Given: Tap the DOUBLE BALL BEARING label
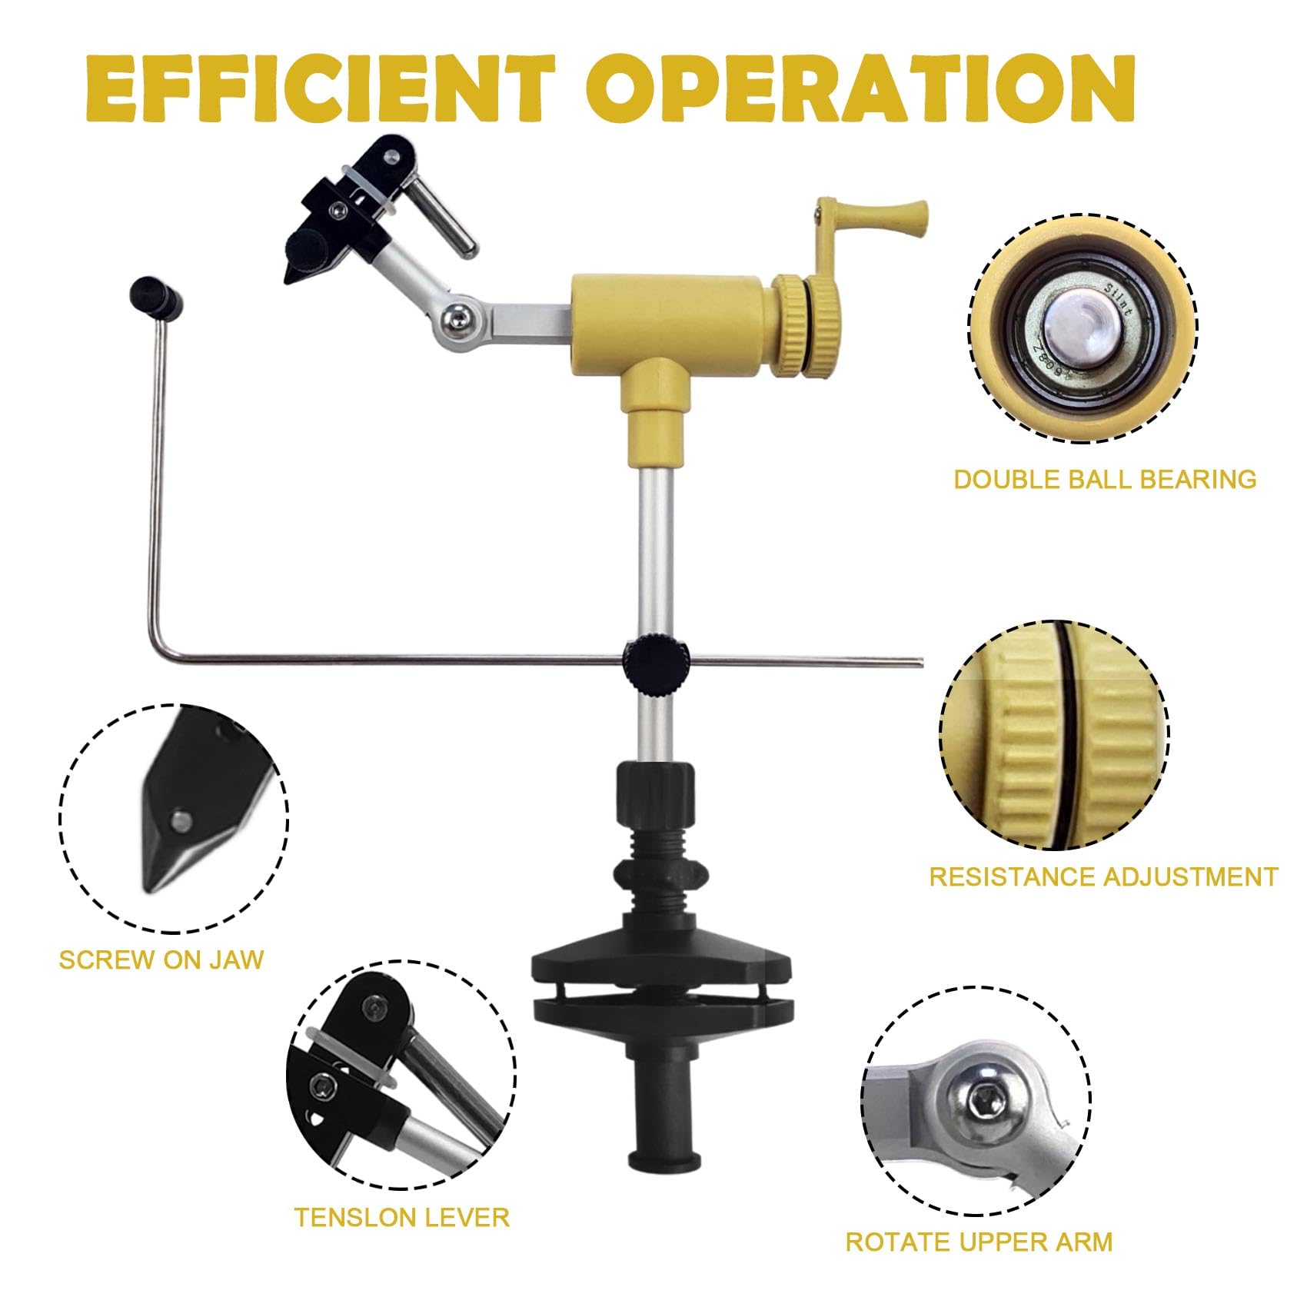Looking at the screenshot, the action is pyautogui.click(x=1105, y=480).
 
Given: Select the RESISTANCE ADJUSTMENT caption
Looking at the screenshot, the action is pyautogui.click(x=1103, y=877).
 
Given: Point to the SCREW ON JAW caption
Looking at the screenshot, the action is pyautogui.click(x=161, y=960).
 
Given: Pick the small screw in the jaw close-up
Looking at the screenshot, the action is pyautogui.click(x=181, y=820).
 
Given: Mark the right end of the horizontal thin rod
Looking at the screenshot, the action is pyautogui.click(x=920, y=660).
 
